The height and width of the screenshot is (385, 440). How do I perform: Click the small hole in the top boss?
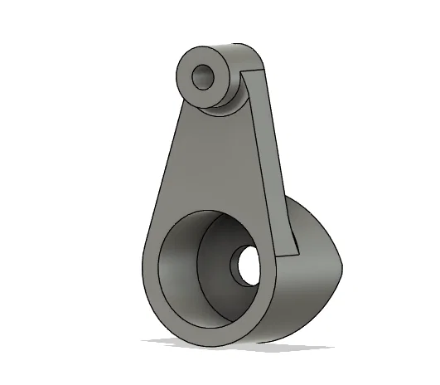coord(202,78)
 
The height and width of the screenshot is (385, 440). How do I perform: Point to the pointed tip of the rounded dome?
coord(341,266)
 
